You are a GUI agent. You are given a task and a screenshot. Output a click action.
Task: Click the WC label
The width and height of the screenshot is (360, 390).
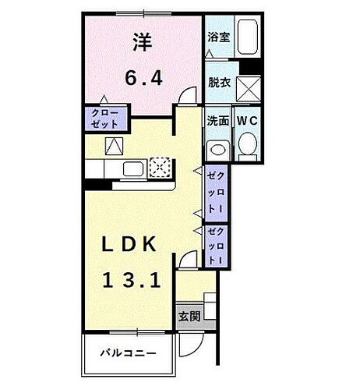[x=247, y=121]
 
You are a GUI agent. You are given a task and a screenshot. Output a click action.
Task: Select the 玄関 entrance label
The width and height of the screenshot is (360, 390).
[x=188, y=317]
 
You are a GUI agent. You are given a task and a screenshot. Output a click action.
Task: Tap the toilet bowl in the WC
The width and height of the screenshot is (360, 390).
[x=247, y=145]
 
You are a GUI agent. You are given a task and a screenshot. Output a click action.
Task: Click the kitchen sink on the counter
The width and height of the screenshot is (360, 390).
[x=132, y=168]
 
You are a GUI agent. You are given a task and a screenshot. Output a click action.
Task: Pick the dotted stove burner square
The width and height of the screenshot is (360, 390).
[x=159, y=168]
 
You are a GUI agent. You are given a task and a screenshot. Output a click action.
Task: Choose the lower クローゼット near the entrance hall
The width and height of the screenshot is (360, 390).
[x=214, y=246]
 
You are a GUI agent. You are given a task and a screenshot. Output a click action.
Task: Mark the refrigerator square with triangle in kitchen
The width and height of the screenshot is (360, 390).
[x=114, y=145]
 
